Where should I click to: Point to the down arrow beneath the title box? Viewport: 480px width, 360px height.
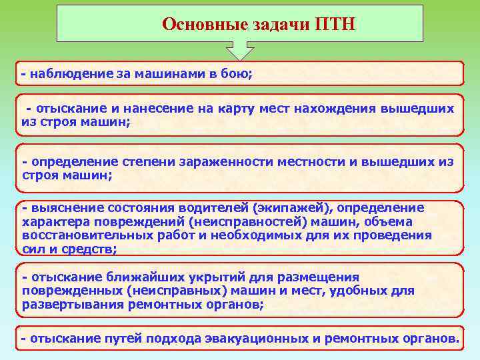[x=240, y=51]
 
